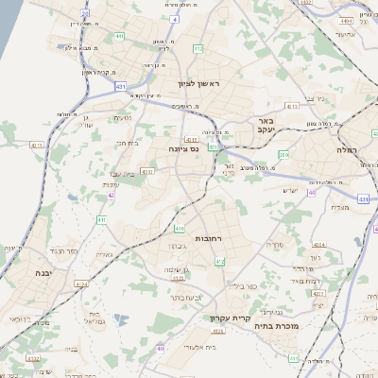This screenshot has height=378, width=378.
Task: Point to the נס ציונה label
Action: [179, 147]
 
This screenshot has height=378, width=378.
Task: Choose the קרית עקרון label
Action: [229, 318]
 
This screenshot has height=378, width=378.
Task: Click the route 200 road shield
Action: [284, 154]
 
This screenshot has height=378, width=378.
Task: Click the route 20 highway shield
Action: [86, 14]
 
